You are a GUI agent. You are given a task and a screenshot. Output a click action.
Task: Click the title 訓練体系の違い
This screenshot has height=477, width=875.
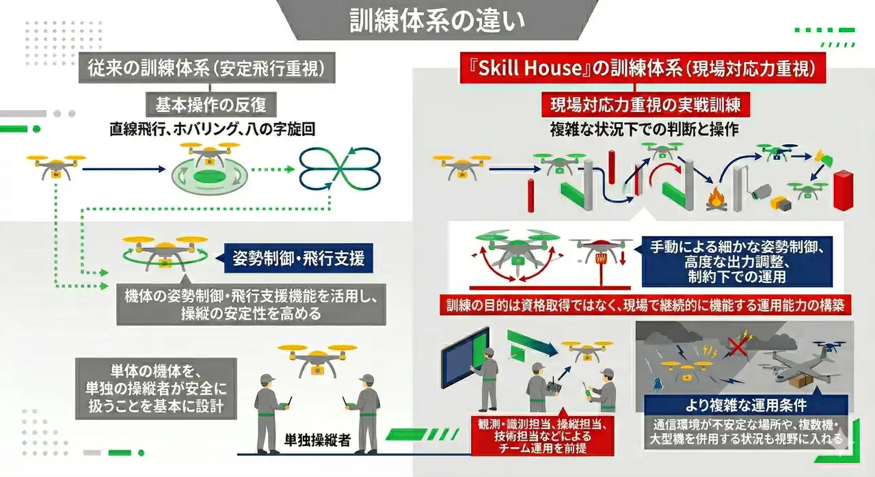pyautogui.click(x=437, y=20)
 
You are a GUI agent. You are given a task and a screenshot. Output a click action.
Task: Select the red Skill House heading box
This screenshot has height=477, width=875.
pyautogui.click(x=643, y=68)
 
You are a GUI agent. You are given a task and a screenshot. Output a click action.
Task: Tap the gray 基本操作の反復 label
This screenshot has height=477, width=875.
pyautogui.click(x=211, y=105)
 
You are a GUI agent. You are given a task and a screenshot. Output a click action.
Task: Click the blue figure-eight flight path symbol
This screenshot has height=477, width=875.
pyautogui.click(x=340, y=169)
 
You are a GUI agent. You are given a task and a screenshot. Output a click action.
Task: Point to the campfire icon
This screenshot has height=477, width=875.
pyautogui.click(x=716, y=199)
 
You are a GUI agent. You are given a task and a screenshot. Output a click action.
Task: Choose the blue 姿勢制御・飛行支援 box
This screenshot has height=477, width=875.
pyautogui.click(x=299, y=258)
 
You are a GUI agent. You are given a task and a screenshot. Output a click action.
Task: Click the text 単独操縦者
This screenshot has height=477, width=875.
pyautogui.click(x=317, y=440)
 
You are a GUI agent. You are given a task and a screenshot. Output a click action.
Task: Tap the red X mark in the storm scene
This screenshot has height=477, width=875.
pyautogui.click(x=737, y=346)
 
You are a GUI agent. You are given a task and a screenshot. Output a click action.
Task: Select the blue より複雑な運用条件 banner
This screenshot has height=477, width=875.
pyautogui.click(x=746, y=405)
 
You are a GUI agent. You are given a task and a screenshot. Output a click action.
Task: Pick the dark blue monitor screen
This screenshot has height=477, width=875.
pyautogui.click(x=465, y=357)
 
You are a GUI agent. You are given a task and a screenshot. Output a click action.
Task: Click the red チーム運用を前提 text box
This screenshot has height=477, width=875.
pyautogui.click(x=543, y=435)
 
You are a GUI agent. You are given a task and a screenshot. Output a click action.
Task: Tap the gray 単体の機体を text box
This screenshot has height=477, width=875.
pyautogui.click(x=156, y=388)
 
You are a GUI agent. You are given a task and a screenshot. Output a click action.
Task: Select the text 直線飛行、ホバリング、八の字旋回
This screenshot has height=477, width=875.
pyautogui.click(x=212, y=129)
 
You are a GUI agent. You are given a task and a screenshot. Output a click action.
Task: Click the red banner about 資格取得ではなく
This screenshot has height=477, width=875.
pyautogui.click(x=645, y=305)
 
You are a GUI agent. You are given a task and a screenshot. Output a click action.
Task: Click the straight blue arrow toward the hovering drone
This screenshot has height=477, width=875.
pyautogui.click(x=124, y=169)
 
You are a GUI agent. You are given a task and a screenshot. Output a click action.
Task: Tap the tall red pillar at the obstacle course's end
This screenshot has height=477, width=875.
pyautogui.click(x=843, y=190)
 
